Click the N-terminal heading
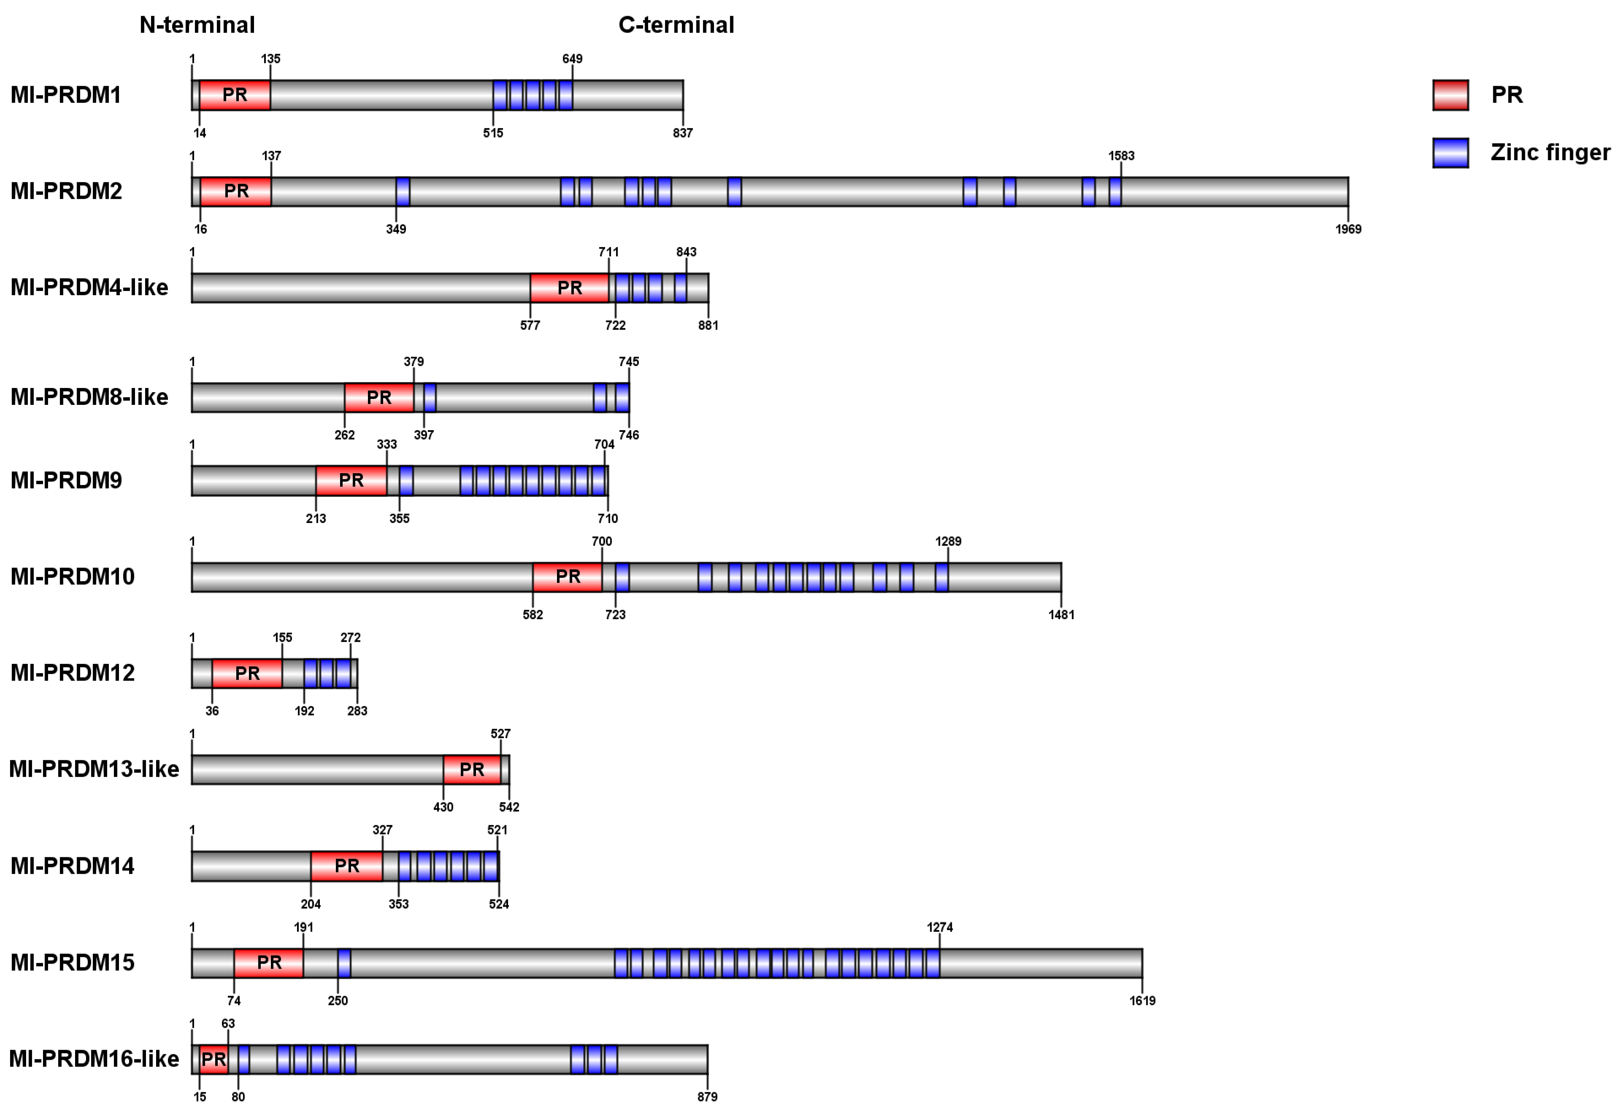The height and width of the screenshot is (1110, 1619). click(197, 25)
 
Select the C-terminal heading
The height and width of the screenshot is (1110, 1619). click(676, 25)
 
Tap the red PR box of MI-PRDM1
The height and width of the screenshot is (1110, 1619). click(235, 95)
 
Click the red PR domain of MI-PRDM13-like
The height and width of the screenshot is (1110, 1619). click(472, 770)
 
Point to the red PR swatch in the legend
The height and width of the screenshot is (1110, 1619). click(1450, 95)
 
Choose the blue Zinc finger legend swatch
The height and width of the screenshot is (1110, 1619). click(1450, 153)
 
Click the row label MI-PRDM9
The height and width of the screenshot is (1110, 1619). click(66, 480)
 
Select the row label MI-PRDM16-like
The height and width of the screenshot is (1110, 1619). click(94, 1059)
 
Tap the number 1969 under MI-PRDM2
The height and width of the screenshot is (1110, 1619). click(1348, 229)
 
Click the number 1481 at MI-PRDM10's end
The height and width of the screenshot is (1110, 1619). click(1061, 615)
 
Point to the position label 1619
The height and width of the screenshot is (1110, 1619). click(1142, 1001)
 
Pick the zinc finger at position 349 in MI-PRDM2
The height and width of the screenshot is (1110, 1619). click(403, 191)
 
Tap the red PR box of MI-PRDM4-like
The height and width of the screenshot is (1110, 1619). click(569, 288)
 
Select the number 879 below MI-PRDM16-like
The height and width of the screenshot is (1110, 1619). click(707, 1097)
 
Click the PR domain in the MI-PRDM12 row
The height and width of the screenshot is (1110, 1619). click(247, 674)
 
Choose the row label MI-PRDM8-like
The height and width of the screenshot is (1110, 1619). click(89, 397)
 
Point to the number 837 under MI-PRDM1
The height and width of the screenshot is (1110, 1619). click(683, 133)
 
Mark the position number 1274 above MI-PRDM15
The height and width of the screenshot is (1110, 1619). click(939, 927)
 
